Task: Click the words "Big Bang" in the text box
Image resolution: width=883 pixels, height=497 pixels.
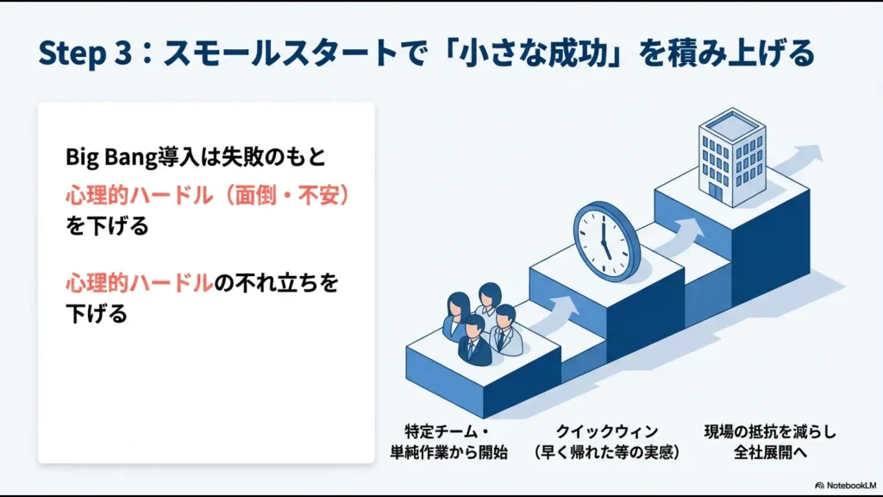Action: click(x=104, y=157)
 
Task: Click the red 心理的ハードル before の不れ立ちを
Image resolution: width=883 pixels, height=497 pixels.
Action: click(x=139, y=282)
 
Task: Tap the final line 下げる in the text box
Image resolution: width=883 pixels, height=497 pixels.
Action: click(x=96, y=314)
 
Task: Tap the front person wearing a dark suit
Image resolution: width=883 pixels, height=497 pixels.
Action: click(x=473, y=341)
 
